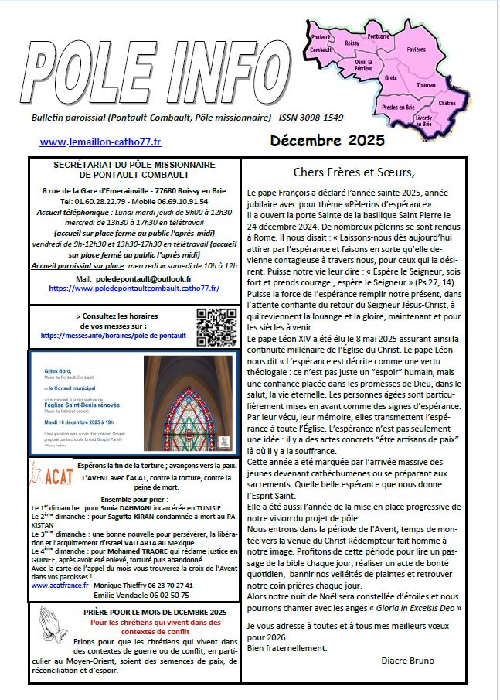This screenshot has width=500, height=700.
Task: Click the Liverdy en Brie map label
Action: pos(423,118)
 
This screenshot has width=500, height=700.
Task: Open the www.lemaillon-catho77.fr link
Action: pos(100,142)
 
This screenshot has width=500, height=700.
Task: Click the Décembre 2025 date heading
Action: pos(327,142)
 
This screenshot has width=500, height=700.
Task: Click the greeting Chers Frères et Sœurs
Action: pos(355,172)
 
